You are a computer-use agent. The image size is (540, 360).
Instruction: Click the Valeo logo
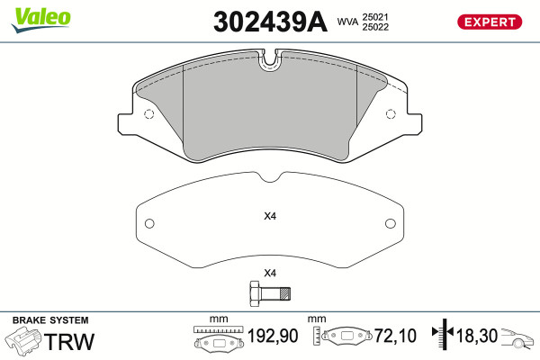(x=41, y=20)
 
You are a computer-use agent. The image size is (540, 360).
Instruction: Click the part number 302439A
(x=270, y=22)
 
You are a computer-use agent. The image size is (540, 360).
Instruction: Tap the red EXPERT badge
(x=490, y=22)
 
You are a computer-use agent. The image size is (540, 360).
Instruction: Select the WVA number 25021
(x=374, y=17)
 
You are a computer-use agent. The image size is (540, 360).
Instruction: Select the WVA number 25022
(x=375, y=27)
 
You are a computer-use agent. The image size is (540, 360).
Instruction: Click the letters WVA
(x=347, y=22)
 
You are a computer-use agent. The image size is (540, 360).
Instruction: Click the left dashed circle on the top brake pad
(x=148, y=114)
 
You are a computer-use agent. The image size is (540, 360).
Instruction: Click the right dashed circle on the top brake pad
(x=391, y=114)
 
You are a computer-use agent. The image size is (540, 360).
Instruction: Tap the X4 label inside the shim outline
(x=270, y=216)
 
